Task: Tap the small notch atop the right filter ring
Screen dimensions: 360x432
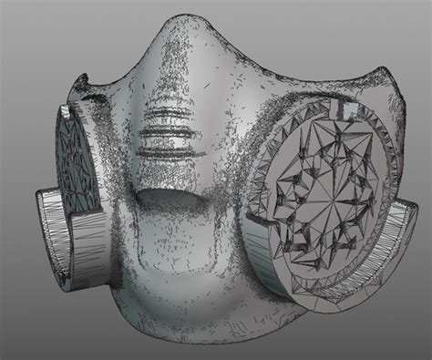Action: pyautogui.click(x=348, y=108)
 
